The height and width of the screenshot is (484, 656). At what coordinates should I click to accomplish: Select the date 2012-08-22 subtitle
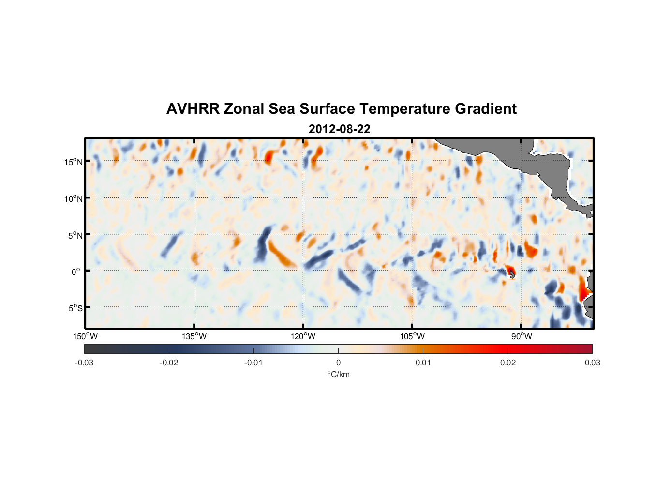(339, 129)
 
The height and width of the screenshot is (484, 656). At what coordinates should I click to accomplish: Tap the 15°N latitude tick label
(74, 162)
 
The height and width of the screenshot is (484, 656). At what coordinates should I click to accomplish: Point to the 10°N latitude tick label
(74, 198)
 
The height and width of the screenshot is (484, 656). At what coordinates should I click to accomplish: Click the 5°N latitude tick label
(75, 235)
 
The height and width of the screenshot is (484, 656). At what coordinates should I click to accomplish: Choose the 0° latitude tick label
(76, 272)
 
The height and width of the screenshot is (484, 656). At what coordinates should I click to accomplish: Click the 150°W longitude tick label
(86, 336)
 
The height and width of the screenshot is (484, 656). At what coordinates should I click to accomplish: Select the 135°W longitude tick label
(194, 336)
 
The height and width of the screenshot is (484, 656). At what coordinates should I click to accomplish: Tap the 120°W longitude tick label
(303, 336)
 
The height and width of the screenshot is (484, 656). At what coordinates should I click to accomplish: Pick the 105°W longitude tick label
(412, 336)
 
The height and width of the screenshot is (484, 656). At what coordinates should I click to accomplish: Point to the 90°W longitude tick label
(522, 336)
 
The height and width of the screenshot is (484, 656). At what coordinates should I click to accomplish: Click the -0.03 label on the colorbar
(84, 363)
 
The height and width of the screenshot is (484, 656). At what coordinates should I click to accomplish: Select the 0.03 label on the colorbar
(592, 363)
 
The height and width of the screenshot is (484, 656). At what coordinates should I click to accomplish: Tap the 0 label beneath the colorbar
(338, 363)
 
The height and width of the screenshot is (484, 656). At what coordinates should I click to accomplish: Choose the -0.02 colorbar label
(169, 363)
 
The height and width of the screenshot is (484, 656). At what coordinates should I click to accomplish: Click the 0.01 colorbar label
(423, 363)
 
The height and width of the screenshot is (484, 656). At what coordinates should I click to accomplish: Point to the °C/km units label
(338, 374)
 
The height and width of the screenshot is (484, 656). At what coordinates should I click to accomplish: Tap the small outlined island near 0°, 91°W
(512, 275)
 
